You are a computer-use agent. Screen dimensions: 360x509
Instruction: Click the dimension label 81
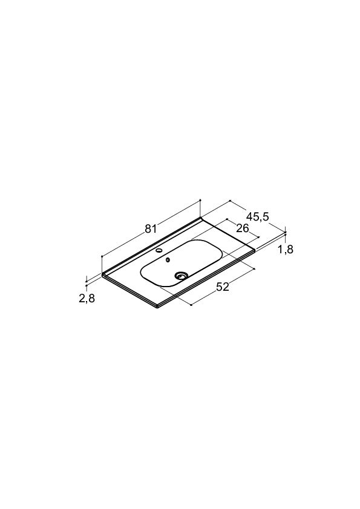click(151, 229)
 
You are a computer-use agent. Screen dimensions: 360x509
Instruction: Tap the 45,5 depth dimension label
click(258, 216)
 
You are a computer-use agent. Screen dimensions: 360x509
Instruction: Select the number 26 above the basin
click(243, 229)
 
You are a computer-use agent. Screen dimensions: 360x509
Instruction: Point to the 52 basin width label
click(223, 287)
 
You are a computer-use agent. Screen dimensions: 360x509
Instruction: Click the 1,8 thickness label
click(286, 249)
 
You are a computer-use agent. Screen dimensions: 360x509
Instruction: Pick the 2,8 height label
click(87, 298)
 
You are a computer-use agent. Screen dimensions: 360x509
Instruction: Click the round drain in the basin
click(181, 276)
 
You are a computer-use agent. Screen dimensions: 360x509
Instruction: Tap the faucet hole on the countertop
click(160, 250)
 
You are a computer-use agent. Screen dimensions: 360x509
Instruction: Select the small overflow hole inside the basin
click(168, 260)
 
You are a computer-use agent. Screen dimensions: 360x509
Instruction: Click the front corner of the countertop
click(157, 308)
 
